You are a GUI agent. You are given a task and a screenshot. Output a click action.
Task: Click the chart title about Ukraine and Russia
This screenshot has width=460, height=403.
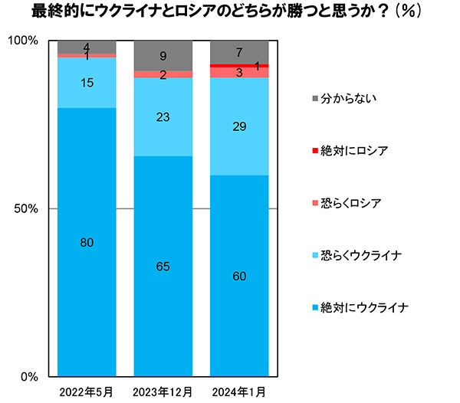[x=230, y=14]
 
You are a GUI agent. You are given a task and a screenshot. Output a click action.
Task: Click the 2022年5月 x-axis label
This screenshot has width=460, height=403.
[x=87, y=392]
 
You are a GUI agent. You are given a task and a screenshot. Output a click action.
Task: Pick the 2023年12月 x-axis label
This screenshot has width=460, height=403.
[x=163, y=392]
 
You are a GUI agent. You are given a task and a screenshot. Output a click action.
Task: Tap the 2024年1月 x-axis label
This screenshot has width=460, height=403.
[x=240, y=392]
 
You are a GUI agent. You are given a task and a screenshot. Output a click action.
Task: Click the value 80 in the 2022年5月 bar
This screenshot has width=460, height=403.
[x=87, y=243]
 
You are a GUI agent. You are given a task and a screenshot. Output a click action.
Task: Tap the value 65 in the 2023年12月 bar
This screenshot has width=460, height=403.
[x=163, y=267]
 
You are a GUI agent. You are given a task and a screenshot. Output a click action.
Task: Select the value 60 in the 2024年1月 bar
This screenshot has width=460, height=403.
[x=240, y=277]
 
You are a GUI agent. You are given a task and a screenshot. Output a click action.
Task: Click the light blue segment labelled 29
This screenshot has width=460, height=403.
[x=240, y=126]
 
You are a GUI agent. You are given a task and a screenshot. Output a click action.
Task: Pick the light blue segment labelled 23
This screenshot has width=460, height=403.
[x=163, y=117]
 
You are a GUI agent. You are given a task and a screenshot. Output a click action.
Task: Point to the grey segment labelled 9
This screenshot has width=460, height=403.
[x=163, y=55]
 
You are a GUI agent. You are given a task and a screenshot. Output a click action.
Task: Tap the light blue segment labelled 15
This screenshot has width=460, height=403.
[x=87, y=83]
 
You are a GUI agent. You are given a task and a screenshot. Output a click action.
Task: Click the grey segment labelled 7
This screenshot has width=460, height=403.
[x=240, y=52]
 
